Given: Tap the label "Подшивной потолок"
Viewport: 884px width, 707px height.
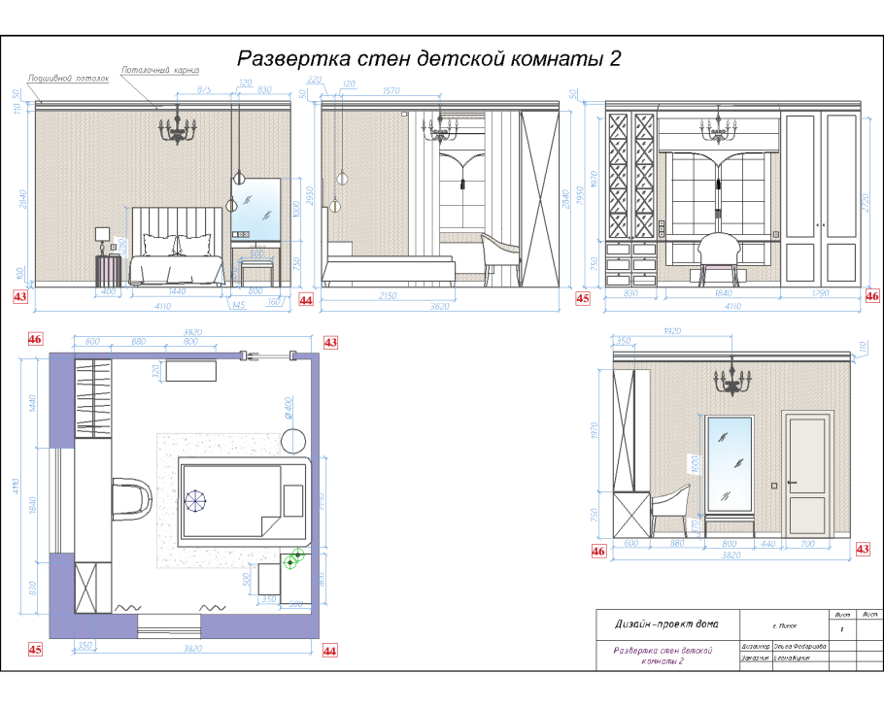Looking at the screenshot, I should coord(68,78).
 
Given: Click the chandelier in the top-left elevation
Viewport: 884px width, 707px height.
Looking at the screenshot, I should coord(178,127).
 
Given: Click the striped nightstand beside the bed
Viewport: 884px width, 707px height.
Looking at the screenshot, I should coord(107,269).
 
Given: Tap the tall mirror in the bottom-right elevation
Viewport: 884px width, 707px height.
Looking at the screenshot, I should coord(729,464).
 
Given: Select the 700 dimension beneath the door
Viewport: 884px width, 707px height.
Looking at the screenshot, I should coord(808,544).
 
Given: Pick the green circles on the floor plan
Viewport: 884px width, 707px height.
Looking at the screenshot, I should coord(293,557).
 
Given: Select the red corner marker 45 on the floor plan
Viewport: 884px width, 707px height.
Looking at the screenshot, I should coord(35,649).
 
